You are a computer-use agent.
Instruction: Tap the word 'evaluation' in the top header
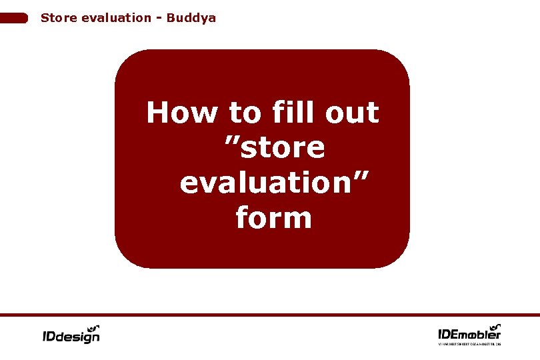tap(115, 18)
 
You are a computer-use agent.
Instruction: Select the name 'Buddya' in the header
tap(191, 18)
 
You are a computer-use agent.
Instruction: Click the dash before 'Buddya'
tap(160, 18)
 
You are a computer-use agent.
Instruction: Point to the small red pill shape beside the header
tap(14, 18)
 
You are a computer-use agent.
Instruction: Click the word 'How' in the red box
tap(182, 113)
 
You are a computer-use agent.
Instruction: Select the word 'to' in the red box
tap(245, 113)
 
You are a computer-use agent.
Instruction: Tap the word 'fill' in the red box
tap(293, 113)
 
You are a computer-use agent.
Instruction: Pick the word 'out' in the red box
tap(353, 113)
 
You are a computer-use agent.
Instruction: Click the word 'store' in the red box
tap(283, 148)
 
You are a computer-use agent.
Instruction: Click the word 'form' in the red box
tap(274, 217)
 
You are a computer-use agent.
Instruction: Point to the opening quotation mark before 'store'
tap(231, 141)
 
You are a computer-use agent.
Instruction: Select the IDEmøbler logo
tap(469, 333)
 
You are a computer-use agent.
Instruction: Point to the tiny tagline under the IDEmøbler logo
tap(469, 343)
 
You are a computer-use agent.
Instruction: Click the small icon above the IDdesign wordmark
tap(93, 327)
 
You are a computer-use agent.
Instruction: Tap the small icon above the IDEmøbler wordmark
tap(493, 325)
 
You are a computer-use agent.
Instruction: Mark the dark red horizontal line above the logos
tap(270, 315)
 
